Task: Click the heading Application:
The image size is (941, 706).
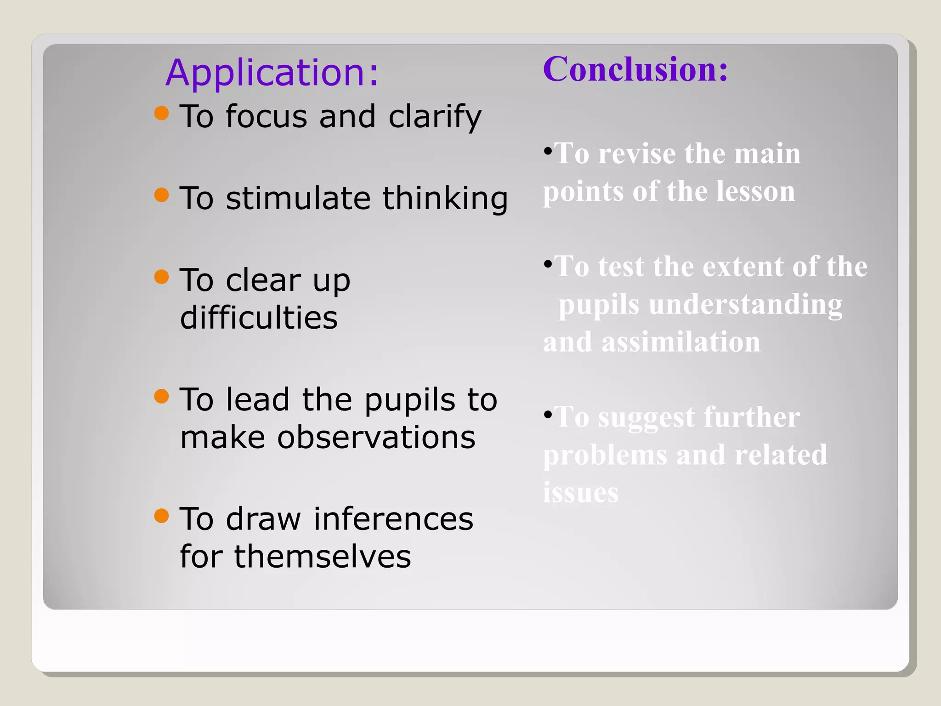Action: pyautogui.click(x=272, y=73)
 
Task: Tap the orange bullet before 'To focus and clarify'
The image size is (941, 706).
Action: pyautogui.click(x=162, y=113)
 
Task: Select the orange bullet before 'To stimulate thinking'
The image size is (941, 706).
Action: pyautogui.click(x=162, y=195)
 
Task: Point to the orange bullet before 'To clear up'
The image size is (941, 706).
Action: pyautogui.click(x=162, y=277)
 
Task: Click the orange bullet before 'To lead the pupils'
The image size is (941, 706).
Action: pyautogui.click(x=162, y=396)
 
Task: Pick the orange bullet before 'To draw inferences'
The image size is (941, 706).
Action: pyautogui.click(x=162, y=515)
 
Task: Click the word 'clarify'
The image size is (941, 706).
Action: pyautogui.click(x=435, y=117)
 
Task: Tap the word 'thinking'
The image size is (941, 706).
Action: pyautogui.click(x=445, y=199)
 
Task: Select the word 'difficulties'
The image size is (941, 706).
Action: pyautogui.click(x=259, y=318)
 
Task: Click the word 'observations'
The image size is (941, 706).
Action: pyautogui.click(x=376, y=437)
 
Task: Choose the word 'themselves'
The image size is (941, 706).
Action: pyautogui.click(x=323, y=557)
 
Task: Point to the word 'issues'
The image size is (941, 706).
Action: pyautogui.click(x=580, y=493)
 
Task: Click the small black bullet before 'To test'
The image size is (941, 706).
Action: pyautogui.click(x=548, y=264)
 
